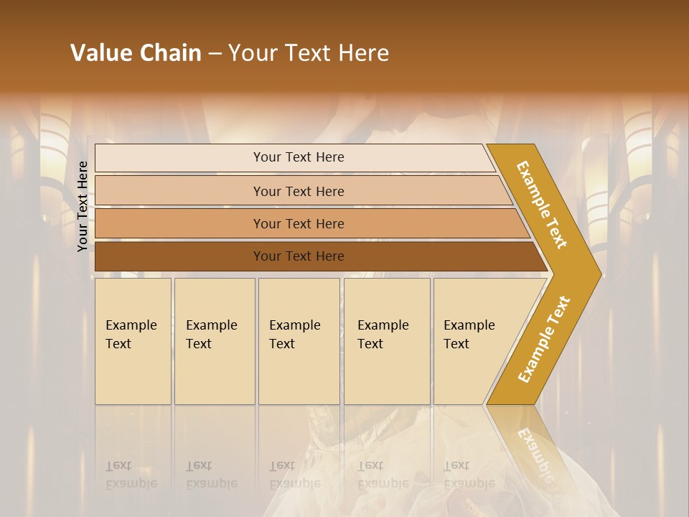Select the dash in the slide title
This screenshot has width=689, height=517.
pos(215,54)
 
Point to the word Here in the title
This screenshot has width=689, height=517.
pos(363,53)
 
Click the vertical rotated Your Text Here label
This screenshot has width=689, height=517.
pos(83,206)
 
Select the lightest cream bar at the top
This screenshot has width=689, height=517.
pos(298,157)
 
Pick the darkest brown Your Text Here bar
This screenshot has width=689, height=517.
pos(298,256)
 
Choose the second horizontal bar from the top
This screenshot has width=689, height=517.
pos(298,191)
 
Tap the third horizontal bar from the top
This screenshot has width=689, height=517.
pos(298,223)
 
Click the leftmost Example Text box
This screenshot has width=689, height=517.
pos(133,340)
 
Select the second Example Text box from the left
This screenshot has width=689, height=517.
pos(214,340)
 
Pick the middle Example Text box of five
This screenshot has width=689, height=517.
pos(299,340)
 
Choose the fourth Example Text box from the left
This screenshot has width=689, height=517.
pos(387,340)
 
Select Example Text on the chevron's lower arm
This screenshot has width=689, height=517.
pos(543,339)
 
